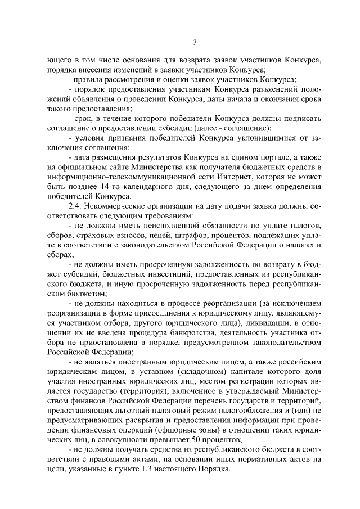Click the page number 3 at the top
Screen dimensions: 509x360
pyautogui.click(x=195, y=42)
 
